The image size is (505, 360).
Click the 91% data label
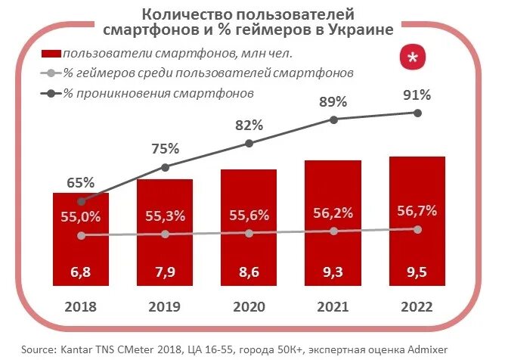[x=417, y=95]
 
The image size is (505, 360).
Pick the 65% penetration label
[x=81, y=182]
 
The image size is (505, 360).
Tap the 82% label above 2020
[x=249, y=125]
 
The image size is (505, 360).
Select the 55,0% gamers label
[x=81, y=217]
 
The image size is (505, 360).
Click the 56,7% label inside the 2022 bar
[x=417, y=211]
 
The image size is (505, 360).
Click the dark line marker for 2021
[x=333, y=119]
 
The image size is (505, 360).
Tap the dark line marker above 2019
[x=165, y=166]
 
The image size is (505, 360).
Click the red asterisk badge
[x=412, y=59]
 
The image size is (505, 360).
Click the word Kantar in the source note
[x=74, y=349]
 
